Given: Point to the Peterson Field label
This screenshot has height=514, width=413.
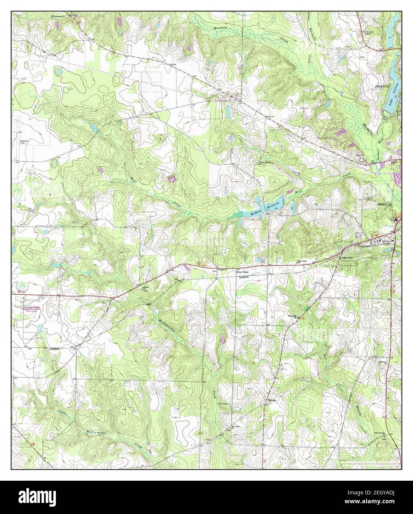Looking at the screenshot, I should pos(25,142).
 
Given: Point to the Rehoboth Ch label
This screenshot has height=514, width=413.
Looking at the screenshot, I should pos(294,317).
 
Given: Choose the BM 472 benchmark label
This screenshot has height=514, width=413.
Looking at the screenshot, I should pos(272,116).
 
